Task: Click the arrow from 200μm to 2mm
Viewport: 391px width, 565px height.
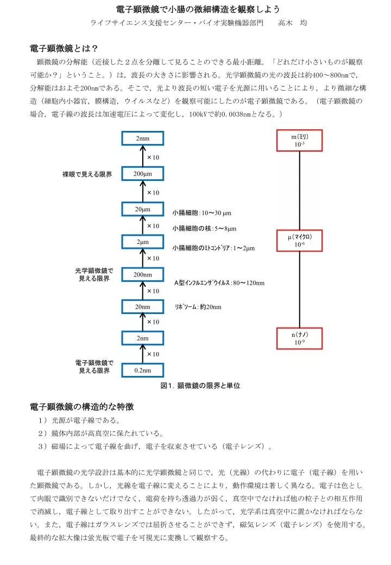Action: pyautogui.click(x=143, y=156)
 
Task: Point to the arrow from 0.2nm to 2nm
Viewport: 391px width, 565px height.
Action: pyautogui.click(x=143, y=354)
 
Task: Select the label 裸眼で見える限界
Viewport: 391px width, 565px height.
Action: pyautogui.click(x=87, y=174)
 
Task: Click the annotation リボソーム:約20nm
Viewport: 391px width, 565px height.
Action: pyautogui.click(x=198, y=307)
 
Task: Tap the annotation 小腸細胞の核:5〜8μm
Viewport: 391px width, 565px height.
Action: pyautogui.click(x=204, y=229)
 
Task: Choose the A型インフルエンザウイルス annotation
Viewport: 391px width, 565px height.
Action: pyautogui.click(x=219, y=283)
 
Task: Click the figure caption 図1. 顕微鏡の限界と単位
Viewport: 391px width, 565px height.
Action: pyautogui.click(x=200, y=386)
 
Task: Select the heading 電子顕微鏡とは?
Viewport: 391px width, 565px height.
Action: pyautogui.click(x=64, y=48)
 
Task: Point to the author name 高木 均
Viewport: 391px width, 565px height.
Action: pyautogui.click(x=292, y=23)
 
